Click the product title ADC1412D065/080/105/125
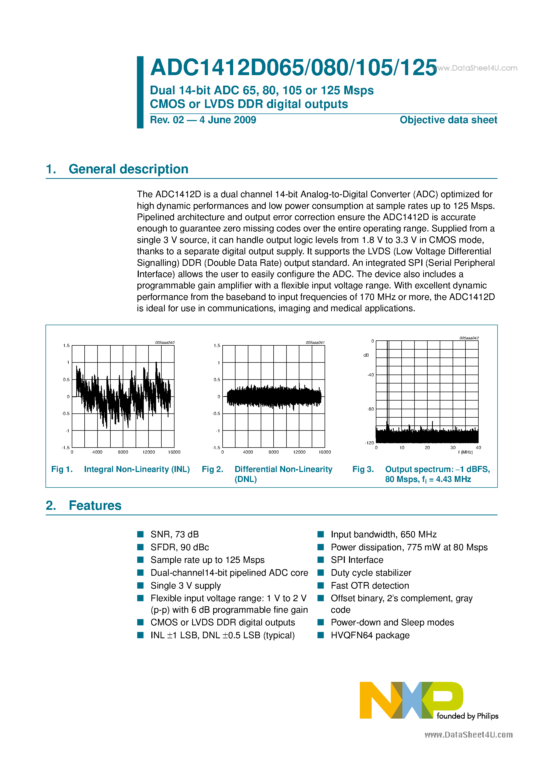pos(293,68)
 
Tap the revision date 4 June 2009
pos(228,120)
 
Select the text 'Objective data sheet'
pos(448,120)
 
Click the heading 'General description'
pos(128,169)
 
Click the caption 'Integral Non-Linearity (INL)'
pos(137,469)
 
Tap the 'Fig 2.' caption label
pos(213,469)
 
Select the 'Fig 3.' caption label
pos(363,469)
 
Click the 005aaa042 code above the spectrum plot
pos(469,338)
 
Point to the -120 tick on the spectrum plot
pos(369,443)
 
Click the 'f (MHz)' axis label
pos(465,452)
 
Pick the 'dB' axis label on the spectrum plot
pos(366,355)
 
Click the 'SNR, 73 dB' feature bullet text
pos(175,535)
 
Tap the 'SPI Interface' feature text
pos(357,560)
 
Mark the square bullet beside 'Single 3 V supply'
pos(141,585)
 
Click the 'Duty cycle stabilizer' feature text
pos(371,573)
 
